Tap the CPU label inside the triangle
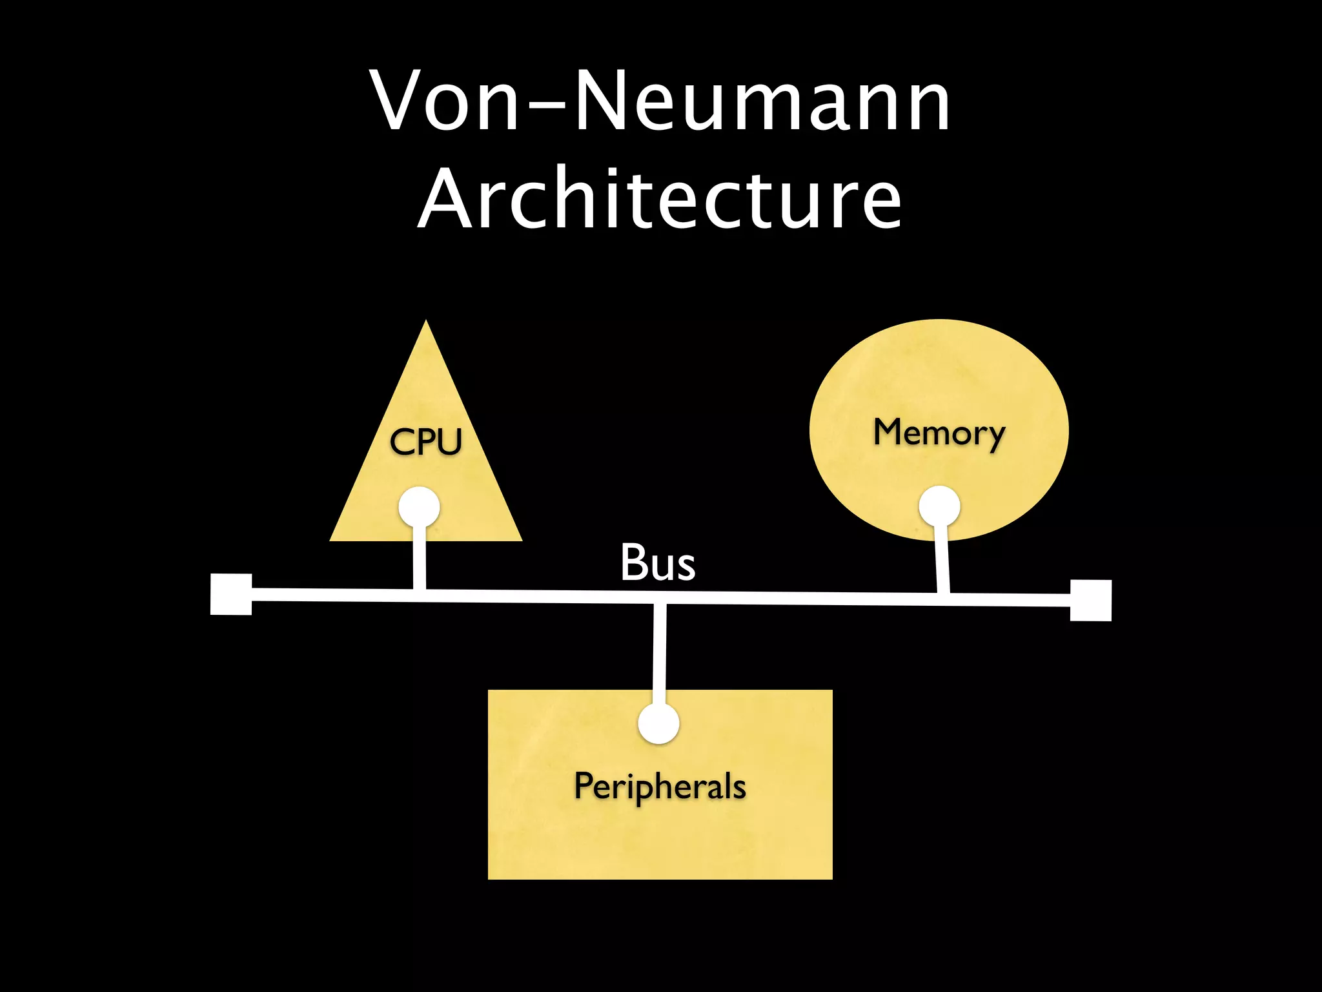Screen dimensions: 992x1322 (426, 442)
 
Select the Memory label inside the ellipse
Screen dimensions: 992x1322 (939, 433)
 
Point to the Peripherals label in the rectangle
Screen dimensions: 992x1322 (660, 787)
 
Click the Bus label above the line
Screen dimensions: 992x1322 (658, 563)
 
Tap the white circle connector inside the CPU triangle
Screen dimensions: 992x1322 (419, 508)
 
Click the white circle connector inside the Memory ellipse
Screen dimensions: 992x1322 (939, 506)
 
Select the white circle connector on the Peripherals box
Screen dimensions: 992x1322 (658, 723)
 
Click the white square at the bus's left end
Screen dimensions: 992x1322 (231, 594)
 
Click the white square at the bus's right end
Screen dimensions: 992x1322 (1090, 601)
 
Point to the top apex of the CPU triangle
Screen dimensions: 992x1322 (426, 323)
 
